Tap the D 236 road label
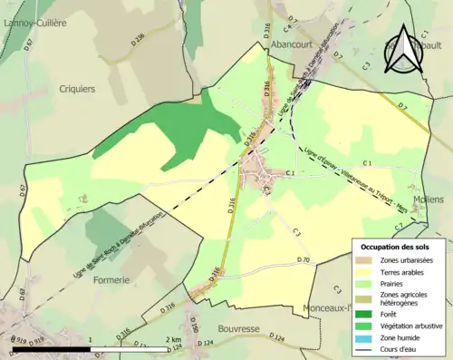pos(138,63)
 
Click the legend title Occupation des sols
pos(399,246)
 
